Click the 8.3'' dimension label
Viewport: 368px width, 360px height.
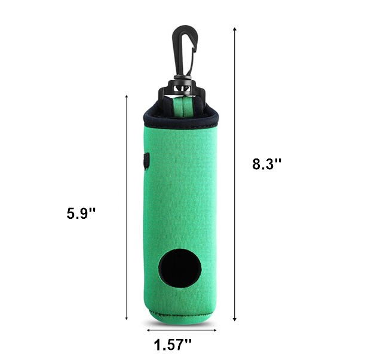click(x=266, y=164)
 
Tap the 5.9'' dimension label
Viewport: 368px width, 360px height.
click(x=81, y=213)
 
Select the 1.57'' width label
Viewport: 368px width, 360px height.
click(x=173, y=344)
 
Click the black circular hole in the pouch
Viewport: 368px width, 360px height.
click(x=180, y=269)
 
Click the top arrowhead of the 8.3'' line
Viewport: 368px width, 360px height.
click(x=234, y=29)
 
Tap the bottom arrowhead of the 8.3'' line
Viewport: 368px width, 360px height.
click(x=234, y=319)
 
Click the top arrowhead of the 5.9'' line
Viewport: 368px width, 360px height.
click(x=127, y=97)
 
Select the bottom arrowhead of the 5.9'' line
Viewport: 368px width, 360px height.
click(x=127, y=318)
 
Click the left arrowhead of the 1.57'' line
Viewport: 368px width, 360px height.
click(x=148, y=330)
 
